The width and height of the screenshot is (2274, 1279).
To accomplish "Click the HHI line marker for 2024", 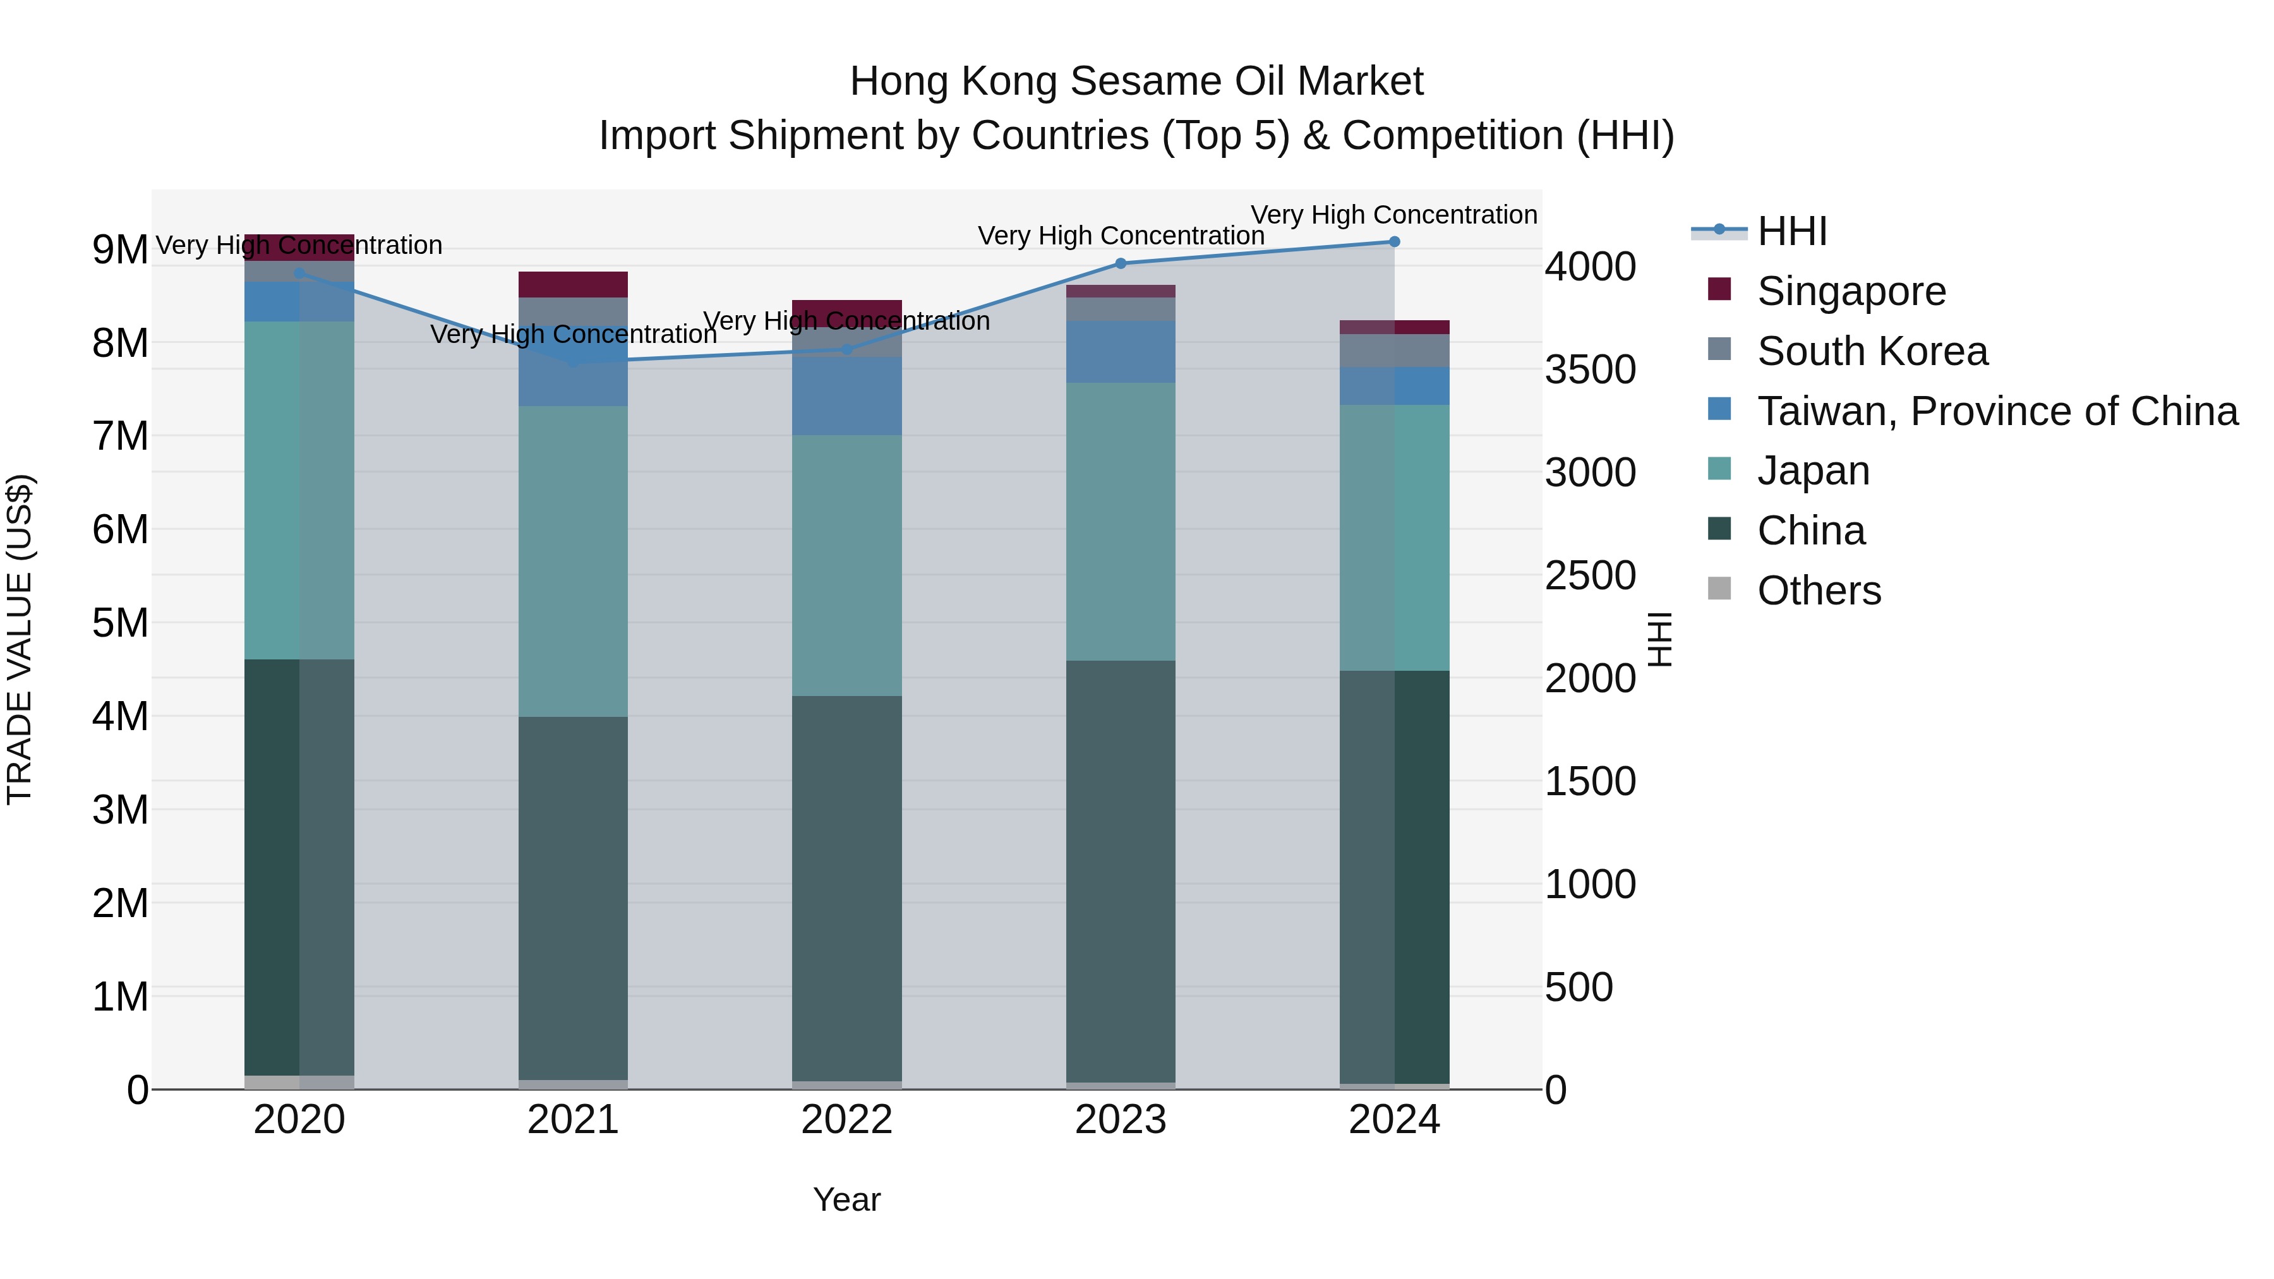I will click(x=1394, y=242).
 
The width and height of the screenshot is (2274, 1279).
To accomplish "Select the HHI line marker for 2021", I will click(x=573, y=362).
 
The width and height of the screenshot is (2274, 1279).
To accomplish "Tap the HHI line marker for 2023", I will click(x=1120, y=263).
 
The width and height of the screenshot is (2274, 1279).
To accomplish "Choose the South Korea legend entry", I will click(x=1872, y=351).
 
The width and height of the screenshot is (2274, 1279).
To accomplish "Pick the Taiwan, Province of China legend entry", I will click(x=1997, y=411).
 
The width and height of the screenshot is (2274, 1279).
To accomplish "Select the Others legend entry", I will click(x=1819, y=591).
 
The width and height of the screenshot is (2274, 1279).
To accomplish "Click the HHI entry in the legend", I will click(x=1791, y=231).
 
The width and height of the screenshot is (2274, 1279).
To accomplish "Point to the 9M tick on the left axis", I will click(x=120, y=249).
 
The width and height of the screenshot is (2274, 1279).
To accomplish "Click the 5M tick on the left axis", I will click(x=120, y=623).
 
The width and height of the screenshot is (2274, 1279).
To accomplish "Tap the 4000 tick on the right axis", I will click(x=1590, y=267).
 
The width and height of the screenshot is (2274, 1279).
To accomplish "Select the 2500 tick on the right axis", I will click(x=1590, y=575).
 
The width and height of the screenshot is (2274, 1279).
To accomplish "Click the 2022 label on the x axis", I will click(x=846, y=1120).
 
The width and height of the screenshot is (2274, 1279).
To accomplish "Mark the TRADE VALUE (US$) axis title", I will click(x=20, y=639).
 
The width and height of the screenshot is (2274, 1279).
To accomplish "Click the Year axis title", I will click(x=846, y=1199).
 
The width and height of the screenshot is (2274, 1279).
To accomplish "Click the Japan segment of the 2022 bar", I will click(x=846, y=565).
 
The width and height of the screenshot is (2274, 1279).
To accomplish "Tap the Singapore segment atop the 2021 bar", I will click(x=573, y=284).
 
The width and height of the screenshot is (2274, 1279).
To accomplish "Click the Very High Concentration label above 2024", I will click(x=1394, y=215).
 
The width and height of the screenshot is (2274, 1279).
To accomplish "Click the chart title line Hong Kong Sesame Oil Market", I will click(x=1136, y=81).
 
